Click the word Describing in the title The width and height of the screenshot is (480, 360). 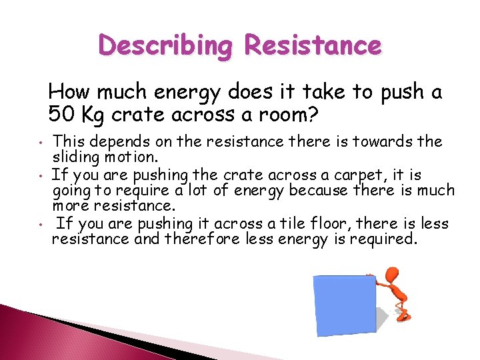point(167,47)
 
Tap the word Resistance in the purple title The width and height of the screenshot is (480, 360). point(313,46)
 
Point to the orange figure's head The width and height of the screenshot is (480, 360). point(392,274)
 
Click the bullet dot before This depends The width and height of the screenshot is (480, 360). point(41,143)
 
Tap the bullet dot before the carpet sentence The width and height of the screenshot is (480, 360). point(41,177)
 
